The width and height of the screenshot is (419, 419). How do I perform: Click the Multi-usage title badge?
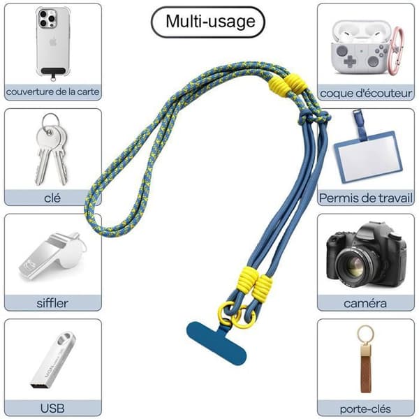pos(208,22)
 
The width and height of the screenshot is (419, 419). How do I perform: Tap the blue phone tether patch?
pos(216,343)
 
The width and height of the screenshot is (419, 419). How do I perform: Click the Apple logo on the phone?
pos(53,42)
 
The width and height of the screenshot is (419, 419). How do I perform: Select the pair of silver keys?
pos(52,149)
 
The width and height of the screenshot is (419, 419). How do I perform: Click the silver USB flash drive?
pos(53,360)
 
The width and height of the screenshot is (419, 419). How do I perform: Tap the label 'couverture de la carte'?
pos(52,92)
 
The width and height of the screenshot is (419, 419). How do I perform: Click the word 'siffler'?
pos(52,303)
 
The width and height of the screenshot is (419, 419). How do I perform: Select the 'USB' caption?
pos(52,409)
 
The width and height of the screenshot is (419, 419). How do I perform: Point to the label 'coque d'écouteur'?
pos(366,94)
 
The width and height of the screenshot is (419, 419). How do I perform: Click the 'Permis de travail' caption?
pos(366,198)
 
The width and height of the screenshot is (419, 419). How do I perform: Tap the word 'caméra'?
pos(365,303)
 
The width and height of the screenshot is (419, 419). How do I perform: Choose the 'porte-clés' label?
pos(365,409)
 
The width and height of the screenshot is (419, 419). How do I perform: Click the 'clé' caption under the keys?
pos(52,198)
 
